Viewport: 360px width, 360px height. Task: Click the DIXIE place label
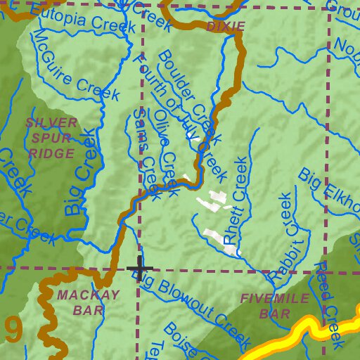tap(226, 27)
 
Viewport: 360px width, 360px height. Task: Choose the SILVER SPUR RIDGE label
tap(51, 138)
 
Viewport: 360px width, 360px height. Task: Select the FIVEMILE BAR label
tap(274, 306)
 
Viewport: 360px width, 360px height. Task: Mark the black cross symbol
tap(139, 269)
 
